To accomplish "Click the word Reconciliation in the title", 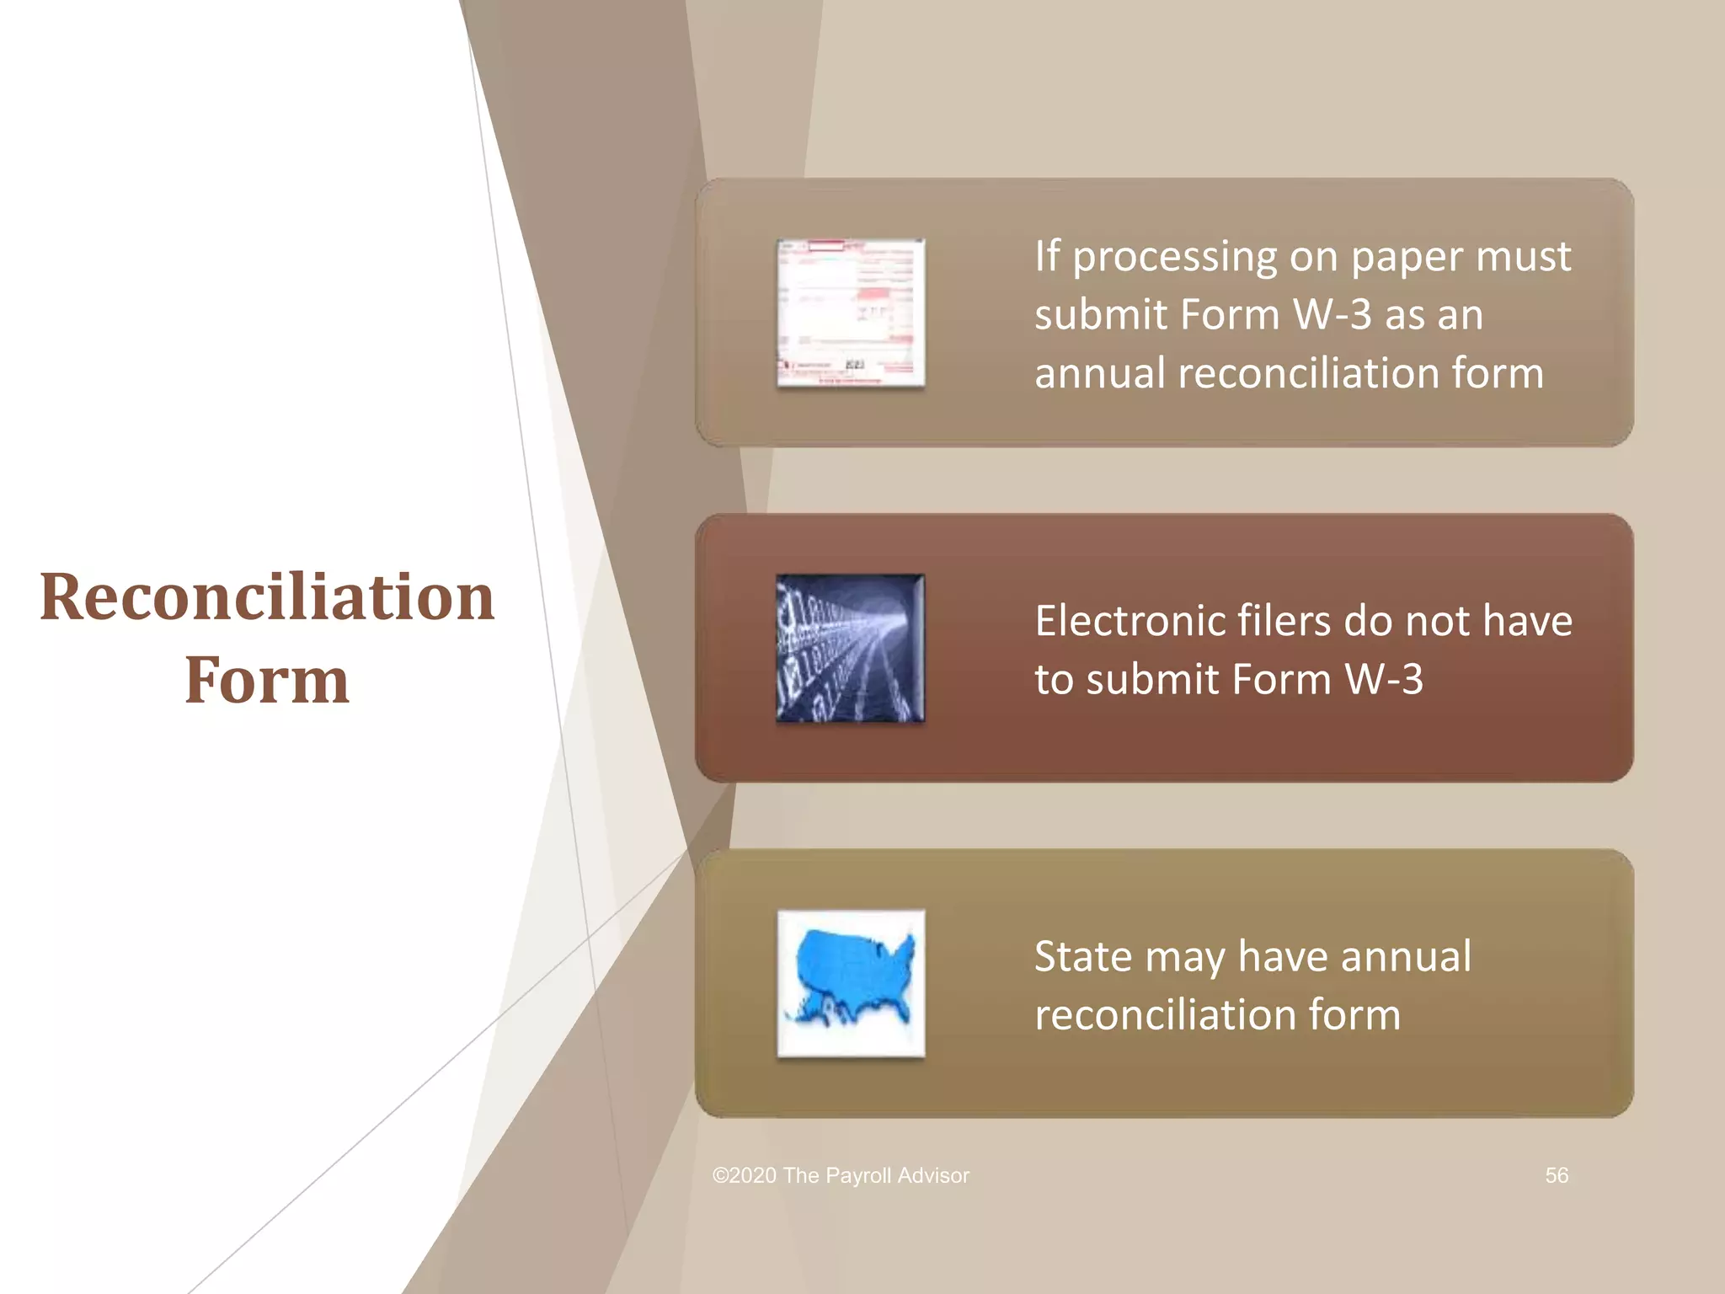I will [x=267, y=597].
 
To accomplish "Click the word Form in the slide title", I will [x=267, y=680].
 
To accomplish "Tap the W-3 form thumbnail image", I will [x=851, y=313].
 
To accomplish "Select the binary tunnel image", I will [x=851, y=648].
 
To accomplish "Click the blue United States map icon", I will [x=851, y=983].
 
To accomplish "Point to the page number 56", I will [x=1556, y=1175].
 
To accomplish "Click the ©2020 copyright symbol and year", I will [x=745, y=1175].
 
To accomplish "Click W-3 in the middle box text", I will [x=1384, y=679].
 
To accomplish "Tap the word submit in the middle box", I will [x=1151, y=679].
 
